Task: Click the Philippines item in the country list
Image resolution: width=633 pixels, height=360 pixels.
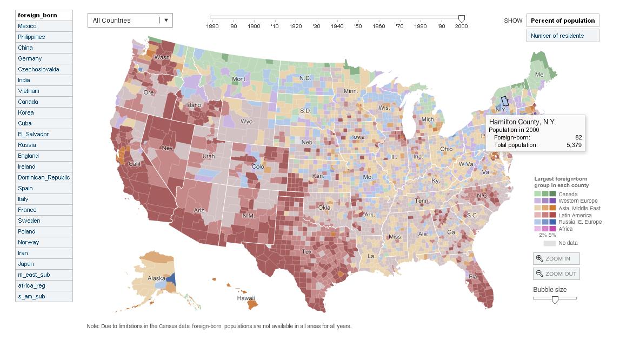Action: tap(31, 37)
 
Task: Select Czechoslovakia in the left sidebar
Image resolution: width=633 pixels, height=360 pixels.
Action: tap(38, 69)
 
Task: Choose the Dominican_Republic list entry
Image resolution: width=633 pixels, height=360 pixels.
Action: tap(43, 177)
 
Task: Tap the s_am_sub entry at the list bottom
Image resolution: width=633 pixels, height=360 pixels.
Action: tap(31, 296)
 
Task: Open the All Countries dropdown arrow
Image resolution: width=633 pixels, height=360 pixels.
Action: tap(166, 21)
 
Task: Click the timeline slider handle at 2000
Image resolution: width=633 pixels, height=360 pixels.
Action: tap(461, 18)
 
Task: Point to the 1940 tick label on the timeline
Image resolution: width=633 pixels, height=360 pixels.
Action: tap(337, 26)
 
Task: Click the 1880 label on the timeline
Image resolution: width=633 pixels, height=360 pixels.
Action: tap(212, 26)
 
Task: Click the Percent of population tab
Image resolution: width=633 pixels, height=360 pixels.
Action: tap(563, 21)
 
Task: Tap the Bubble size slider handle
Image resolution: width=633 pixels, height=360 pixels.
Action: tap(555, 299)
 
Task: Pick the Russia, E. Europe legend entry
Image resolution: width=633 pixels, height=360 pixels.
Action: tap(579, 222)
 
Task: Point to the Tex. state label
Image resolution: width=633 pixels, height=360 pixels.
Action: tap(306, 252)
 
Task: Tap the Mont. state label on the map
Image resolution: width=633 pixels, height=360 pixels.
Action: tap(239, 79)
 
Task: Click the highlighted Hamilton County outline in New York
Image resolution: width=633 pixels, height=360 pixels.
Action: tap(505, 101)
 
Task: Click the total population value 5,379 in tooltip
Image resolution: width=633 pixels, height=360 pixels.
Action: tap(574, 145)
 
